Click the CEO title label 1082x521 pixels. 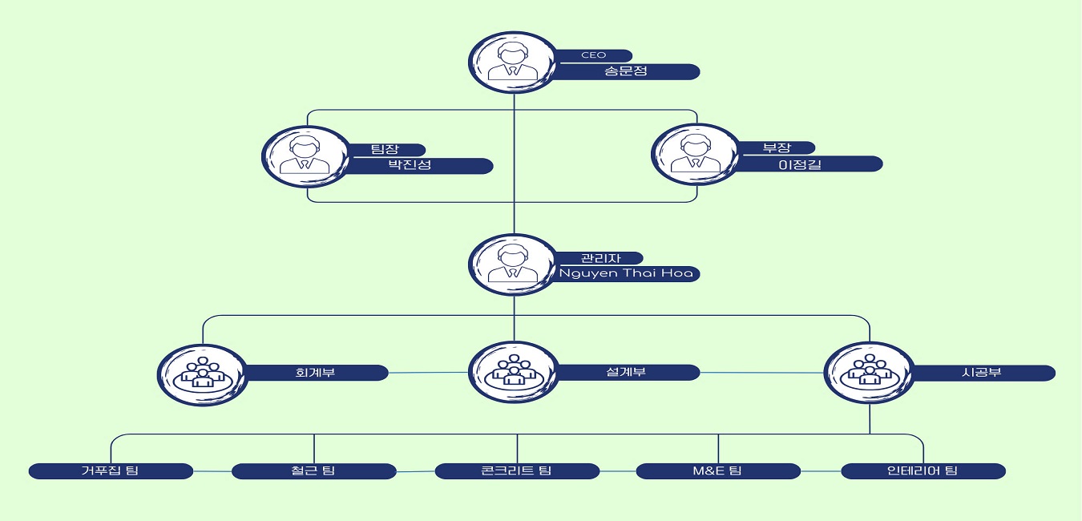tap(594, 55)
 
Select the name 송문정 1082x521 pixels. tap(625, 71)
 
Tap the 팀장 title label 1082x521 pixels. tap(385, 149)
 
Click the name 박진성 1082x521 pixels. tap(409, 166)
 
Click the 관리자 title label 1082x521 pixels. tap(600, 258)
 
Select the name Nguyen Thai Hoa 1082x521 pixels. tap(628, 274)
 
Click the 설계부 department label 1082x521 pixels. tap(626, 373)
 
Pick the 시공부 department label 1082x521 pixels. tap(981, 373)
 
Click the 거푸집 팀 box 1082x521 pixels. tap(110, 471)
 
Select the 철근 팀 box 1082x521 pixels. tap(313, 471)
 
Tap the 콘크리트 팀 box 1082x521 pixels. tap(517, 471)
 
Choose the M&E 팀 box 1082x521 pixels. tap(717, 471)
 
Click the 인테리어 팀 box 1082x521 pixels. tap(923, 471)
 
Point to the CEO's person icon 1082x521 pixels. tap(514, 63)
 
